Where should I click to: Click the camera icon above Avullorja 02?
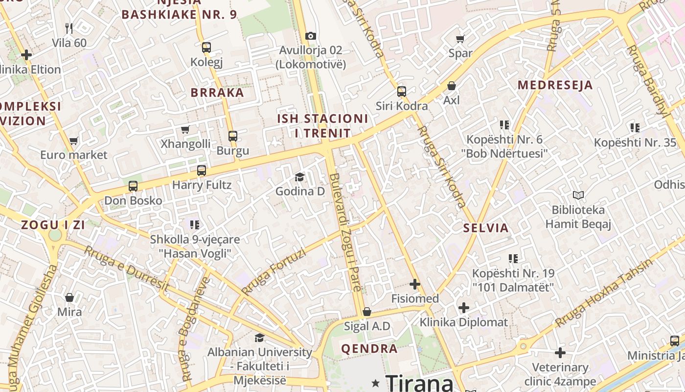tap(310, 36)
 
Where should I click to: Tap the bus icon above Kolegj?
tap(206, 48)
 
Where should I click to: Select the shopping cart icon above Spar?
tap(460, 39)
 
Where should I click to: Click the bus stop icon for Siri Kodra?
tap(402, 92)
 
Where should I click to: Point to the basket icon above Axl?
tap(452, 86)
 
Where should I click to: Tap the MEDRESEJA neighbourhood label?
tap(555, 85)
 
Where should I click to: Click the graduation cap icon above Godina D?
tap(299, 177)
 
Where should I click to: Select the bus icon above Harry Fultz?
tap(202, 171)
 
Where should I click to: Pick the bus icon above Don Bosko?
tap(133, 186)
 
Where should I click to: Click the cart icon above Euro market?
tap(73, 141)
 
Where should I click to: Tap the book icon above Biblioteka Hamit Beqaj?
tap(578, 196)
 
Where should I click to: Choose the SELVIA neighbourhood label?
tap(486, 228)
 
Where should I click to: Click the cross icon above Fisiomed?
tap(415, 284)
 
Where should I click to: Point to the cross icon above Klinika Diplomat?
tap(464, 308)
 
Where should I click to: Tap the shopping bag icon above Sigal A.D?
tap(367, 312)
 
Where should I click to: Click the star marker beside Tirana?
tap(375, 382)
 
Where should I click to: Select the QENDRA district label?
tap(369, 349)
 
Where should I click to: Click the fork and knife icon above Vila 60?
tap(69, 28)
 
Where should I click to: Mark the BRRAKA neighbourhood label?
tap(217, 93)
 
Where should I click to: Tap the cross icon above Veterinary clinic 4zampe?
tap(560, 353)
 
